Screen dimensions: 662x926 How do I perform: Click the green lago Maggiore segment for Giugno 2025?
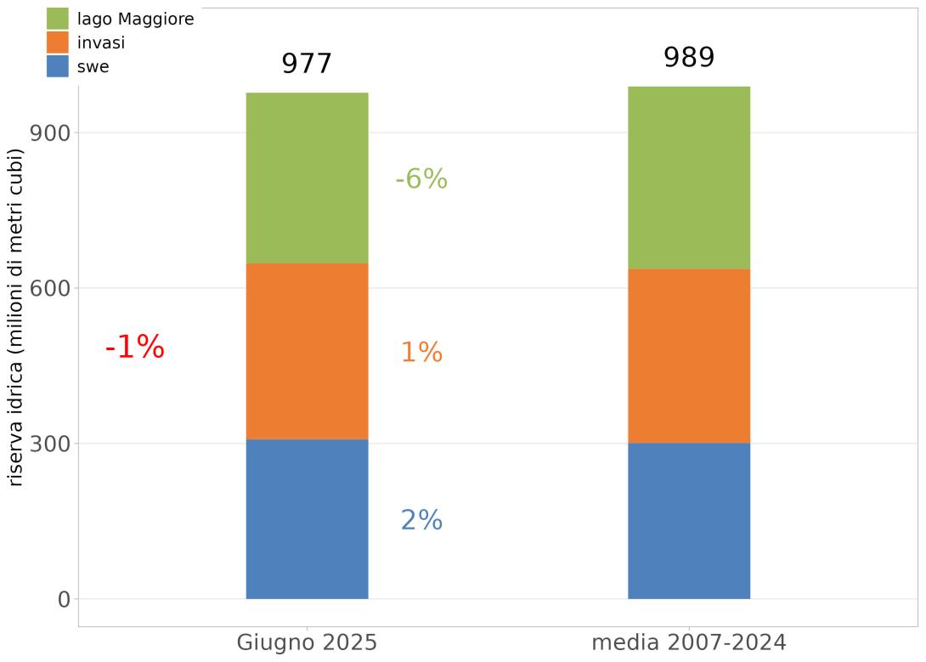(307, 178)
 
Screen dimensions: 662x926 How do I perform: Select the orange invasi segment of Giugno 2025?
(307, 351)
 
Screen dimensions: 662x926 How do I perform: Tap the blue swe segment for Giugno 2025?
(307, 518)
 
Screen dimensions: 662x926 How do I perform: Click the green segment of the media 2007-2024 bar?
(688, 178)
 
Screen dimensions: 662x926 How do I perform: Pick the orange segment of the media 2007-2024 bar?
(688, 355)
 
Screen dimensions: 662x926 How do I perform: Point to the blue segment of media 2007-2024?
(688, 520)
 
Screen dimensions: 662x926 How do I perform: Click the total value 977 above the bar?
(307, 64)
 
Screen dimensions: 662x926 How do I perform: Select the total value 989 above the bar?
(688, 58)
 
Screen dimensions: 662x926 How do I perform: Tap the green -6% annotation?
(421, 179)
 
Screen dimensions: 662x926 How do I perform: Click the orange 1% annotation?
(421, 352)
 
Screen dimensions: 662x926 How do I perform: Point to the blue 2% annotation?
(421, 520)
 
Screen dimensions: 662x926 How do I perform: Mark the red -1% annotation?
(134, 347)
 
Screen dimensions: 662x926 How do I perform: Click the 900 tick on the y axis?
(49, 133)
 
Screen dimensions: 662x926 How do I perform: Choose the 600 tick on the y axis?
(49, 288)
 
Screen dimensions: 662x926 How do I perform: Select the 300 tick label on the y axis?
(49, 444)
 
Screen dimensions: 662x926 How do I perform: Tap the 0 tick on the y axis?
(64, 599)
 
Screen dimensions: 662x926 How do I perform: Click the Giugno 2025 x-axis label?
(307, 642)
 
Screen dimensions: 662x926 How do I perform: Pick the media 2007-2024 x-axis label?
(688, 642)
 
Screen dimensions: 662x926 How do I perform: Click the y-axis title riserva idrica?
(16, 317)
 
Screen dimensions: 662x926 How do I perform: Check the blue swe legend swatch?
(58, 66)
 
